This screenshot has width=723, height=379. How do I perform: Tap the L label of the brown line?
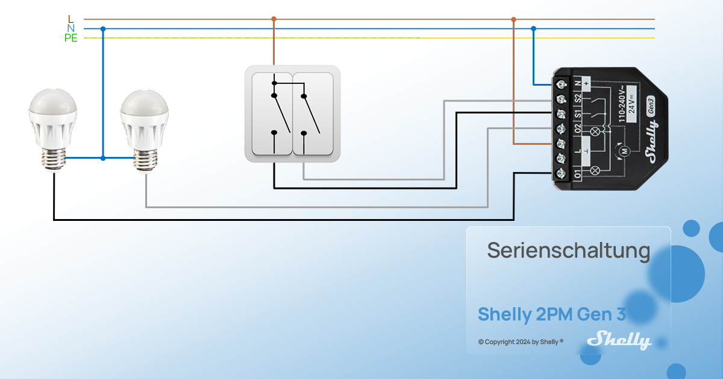(70, 19)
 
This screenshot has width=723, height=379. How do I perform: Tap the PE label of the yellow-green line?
(70, 38)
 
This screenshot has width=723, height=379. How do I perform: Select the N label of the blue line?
(70, 28)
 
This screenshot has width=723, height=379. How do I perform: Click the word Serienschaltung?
(568, 250)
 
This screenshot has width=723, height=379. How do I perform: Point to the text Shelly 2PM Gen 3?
(552, 314)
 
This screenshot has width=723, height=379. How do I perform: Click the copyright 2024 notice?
(521, 342)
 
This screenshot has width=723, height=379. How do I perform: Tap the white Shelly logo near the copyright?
(619, 340)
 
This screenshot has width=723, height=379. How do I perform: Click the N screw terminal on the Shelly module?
(562, 83)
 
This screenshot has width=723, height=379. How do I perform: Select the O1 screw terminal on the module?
(562, 174)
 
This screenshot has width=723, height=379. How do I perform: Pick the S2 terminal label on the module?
(577, 98)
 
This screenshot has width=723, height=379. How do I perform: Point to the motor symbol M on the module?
(624, 150)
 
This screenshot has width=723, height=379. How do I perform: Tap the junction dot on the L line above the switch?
(274, 19)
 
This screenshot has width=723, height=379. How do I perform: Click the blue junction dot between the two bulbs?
(103, 158)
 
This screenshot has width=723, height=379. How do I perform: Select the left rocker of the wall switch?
(272, 113)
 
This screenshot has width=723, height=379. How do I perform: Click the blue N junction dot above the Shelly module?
(533, 28)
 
